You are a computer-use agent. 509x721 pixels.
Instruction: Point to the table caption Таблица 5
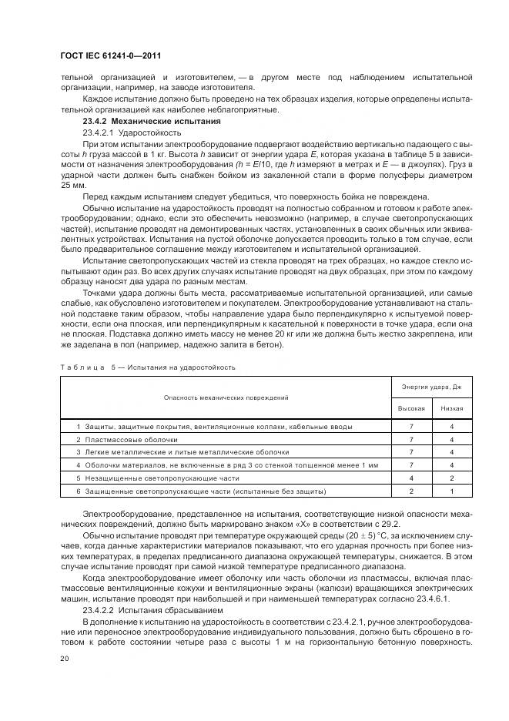point(85,367)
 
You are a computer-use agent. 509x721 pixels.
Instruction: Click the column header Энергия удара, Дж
point(430,386)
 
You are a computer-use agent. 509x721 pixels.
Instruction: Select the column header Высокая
point(411,408)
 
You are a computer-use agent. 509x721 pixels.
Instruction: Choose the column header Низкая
point(451,408)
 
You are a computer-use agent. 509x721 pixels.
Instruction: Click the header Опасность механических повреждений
point(226,397)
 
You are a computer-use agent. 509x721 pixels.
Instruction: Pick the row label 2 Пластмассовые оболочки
point(118,439)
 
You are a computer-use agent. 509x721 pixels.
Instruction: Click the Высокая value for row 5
point(411,478)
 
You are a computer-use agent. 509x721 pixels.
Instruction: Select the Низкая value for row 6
point(451,491)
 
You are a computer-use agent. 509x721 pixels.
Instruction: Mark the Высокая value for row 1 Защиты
point(411,426)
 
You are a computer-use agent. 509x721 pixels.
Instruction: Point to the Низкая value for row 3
point(451,452)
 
